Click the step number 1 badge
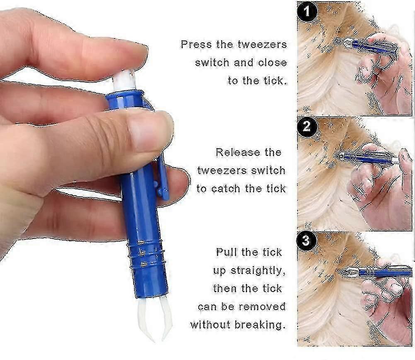307,12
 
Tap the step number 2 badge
306,126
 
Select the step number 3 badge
306,241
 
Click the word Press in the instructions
197,44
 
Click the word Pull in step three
226,252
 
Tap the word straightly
258,271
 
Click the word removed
262,306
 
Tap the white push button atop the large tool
124,80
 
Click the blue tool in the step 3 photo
376,272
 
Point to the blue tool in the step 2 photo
366,158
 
